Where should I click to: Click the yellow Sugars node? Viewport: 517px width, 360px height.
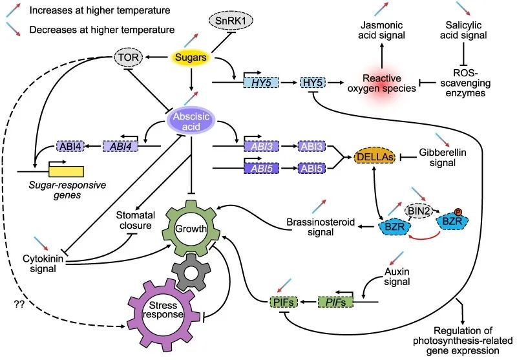(191, 59)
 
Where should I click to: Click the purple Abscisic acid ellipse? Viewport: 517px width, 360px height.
(191, 122)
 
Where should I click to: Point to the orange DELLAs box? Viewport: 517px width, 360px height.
(375, 157)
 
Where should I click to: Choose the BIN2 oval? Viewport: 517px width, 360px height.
(417, 209)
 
